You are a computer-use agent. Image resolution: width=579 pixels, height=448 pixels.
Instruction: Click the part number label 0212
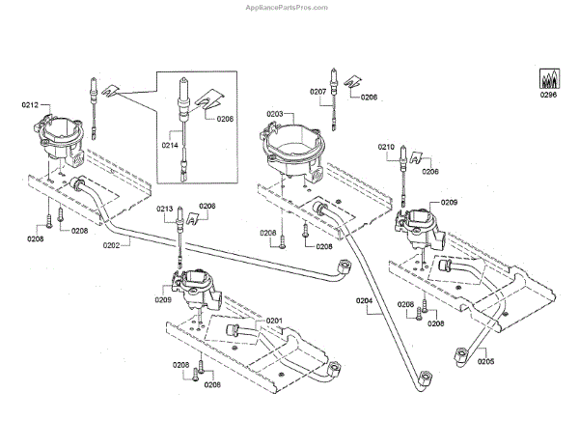click(29, 103)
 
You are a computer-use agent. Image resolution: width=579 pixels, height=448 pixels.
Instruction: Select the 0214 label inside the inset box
click(170, 144)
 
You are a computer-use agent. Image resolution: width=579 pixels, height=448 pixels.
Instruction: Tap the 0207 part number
click(318, 92)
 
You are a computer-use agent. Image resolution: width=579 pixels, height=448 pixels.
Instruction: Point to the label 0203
click(275, 114)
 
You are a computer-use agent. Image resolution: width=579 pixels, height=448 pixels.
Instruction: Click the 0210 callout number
click(387, 147)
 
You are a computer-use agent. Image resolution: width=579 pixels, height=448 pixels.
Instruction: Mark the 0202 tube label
click(110, 245)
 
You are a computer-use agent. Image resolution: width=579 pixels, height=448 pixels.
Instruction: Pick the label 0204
click(363, 301)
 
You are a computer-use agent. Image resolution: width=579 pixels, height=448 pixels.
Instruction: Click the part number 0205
click(484, 362)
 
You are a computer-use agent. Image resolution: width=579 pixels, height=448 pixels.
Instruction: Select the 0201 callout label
click(274, 321)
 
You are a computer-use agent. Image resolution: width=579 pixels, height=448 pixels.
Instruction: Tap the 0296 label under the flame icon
click(549, 94)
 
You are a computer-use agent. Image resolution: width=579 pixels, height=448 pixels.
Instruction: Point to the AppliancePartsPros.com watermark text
click(289, 7)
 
